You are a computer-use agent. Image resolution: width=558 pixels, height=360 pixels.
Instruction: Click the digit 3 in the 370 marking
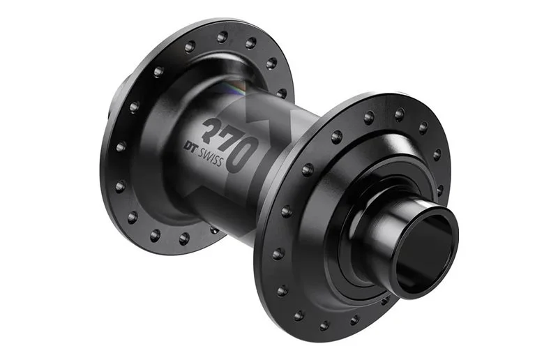pos(213,130)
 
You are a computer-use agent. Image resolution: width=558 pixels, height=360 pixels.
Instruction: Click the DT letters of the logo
pos(190,147)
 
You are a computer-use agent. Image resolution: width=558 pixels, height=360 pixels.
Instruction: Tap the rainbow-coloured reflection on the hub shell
pos(237,89)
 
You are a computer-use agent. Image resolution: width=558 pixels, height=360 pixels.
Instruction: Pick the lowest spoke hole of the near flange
pos(324,325)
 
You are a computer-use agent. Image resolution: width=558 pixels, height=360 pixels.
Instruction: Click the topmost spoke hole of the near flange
pos(399,114)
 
